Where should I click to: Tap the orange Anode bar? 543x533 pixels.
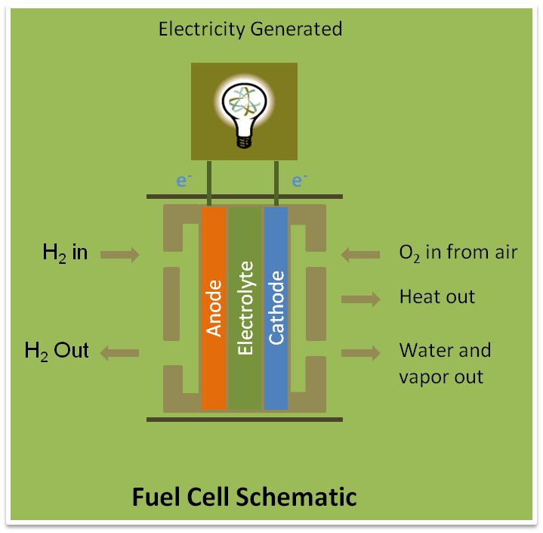(214, 308)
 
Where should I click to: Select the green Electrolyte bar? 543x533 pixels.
(245, 308)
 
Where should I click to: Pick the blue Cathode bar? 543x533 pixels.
(276, 308)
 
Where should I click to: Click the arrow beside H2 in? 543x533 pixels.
(120, 255)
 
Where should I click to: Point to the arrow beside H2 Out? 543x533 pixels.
(120, 352)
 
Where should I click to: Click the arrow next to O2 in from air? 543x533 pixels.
(360, 255)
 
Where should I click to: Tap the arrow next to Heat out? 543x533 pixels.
(360, 299)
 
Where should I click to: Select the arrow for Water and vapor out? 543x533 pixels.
(360, 352)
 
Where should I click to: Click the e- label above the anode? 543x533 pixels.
(184, 181)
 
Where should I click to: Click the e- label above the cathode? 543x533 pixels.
(299, 181)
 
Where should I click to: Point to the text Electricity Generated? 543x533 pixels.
(250, 29)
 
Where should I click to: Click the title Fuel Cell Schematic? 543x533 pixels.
(244, 497)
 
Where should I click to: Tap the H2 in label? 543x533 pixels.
(65, 253)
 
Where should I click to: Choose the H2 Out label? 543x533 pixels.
(57, 351)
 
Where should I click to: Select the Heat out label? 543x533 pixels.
(437, 296)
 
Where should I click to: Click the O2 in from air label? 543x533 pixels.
(458, 253)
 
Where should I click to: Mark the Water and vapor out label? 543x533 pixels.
(445, 364)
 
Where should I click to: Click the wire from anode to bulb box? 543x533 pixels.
(208, 182)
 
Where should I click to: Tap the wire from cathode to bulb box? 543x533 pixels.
(277, 182)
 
